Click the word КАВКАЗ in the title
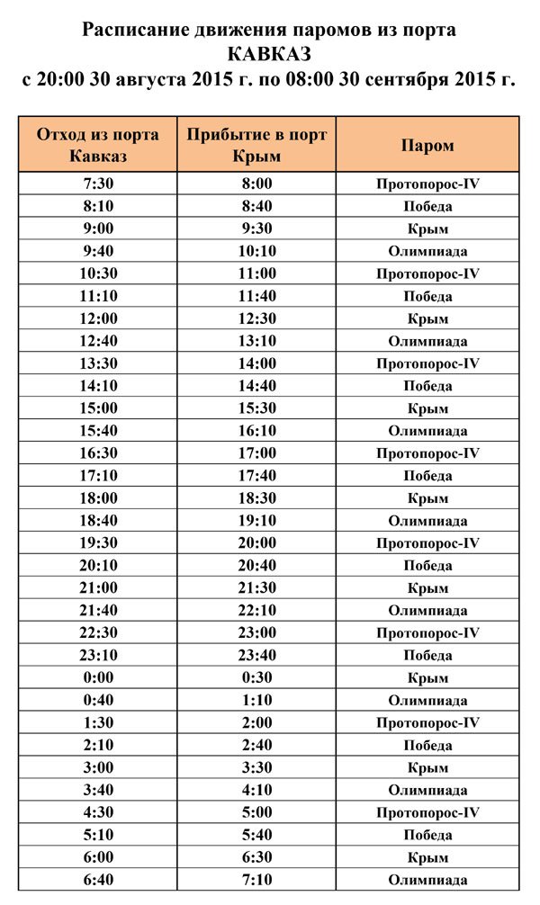pyautogui.click(x=269, y=54)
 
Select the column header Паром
pyautogui.click(x=427, y=145)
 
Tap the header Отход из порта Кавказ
pyautogui.click(x=98, y=145)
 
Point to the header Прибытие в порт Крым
pyautogui.click(x=256, y=145)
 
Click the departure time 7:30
pyautogui.click(x=98, y=184)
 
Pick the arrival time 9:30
pyautogui.click(x=256, y=228)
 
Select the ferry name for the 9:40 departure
pyautogui.click(x=427, y=251)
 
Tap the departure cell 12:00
pyautogui.click(x=98, y=318)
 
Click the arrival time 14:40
pyautogui.click(x=256, y=386)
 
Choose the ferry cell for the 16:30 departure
pyautogui.click(x=427, y=453)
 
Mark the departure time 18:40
pyautogui.click(x=98, y=521)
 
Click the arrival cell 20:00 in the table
pyautogui.click(x=256, y=543)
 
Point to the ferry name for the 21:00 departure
pyautogui.click(x=427, y=588)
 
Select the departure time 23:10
pyautogui.click(x=98, y=656)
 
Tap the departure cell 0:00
pyautogui.click(x=98, y=678)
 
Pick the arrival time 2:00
pyautogui.click(x=256, y=723)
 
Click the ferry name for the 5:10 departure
pyautogui.click(x=427, y=836)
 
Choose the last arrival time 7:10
pyautogui.click(x=256, y=881)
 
